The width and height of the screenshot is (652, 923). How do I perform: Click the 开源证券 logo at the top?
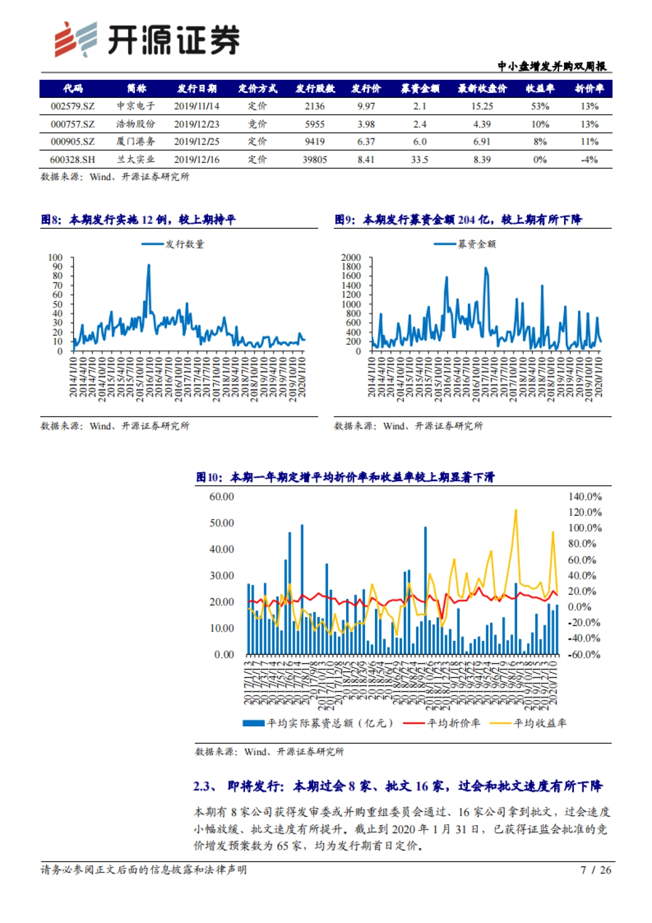(x=147, y=40)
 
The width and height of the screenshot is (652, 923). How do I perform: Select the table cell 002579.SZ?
(x=72, y=107)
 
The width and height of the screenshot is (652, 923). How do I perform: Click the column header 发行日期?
(x=197, y=89)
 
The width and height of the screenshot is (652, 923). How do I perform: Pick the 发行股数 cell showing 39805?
(x=315, y=160)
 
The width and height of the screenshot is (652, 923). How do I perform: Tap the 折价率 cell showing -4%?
(x=589, y=160)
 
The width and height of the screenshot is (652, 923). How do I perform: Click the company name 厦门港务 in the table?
(x=135, y=142)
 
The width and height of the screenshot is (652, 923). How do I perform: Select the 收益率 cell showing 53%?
(x=540, y=107)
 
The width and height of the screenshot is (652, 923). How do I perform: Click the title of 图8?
(x=139, y=220)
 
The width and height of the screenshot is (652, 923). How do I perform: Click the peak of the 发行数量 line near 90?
(x=149, y=265)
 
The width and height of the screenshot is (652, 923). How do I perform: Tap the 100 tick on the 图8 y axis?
(x=56, y=258)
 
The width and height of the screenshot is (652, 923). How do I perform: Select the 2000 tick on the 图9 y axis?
(x=351, y=258)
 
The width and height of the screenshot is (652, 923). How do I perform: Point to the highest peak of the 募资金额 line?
(x=486, y=267)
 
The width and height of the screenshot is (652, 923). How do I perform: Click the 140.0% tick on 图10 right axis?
(x=585, y=497)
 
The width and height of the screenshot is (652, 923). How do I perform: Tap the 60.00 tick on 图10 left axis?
(x=222, y=497)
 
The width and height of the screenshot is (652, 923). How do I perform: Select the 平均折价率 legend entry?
(x=453, y=723)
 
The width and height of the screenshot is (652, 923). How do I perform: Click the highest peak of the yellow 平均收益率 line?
(x=516, y=510)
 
